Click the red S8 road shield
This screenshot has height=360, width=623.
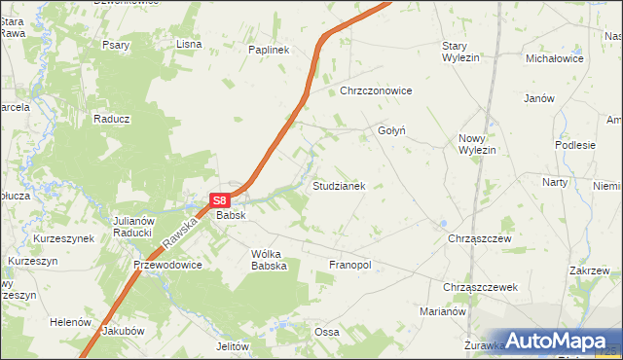tap(220, 200)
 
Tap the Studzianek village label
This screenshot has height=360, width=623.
tap(339, 185)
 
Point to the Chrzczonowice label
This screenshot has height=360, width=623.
tap(376, 91)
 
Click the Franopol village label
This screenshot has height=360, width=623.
tap(351, 265)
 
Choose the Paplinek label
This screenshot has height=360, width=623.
tap(270, 50)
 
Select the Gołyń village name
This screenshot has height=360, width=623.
tap(391, 130)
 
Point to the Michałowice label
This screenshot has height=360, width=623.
tap(554, 58)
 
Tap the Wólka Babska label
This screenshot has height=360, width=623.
tap(269, 260)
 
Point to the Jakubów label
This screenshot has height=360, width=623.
tap(123, 331)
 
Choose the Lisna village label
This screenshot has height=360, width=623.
tap(188, 44)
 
